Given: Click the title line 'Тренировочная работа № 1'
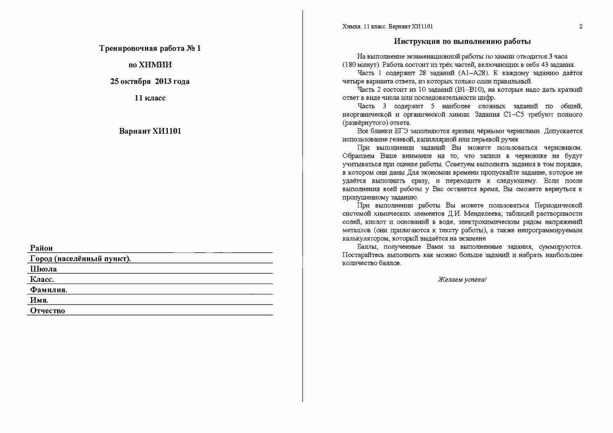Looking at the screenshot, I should (150, 48).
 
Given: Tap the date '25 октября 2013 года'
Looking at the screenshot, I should (150, 81).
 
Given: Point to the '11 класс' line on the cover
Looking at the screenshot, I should (150, 98).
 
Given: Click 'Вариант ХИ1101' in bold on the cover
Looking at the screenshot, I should (150, 131).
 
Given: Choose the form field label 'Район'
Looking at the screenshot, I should (41, 248).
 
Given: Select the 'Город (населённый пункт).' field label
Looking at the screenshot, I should (80, 259).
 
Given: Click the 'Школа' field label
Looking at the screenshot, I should (43, 269).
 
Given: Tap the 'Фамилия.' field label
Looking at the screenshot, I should (49, 290).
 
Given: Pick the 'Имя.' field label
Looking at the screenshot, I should (39, 300).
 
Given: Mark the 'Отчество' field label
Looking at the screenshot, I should (48, 311).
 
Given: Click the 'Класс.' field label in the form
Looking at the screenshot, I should (42, 279).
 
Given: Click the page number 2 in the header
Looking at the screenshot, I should (581, 27).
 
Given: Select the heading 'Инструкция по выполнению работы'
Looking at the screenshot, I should (462, 41).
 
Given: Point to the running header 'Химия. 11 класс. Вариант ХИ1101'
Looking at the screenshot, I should (388, 27).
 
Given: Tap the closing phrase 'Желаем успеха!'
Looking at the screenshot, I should (462, 280).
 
